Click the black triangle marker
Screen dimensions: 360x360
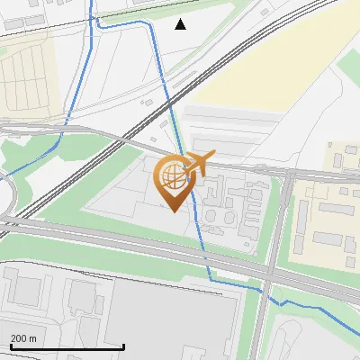(181, 24)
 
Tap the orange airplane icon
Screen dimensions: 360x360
(197, 163)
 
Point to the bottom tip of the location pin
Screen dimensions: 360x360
(172, 210)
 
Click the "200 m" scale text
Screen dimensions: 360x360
(23, 338)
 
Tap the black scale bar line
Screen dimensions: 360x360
(67, 346)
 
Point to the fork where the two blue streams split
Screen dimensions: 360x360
(68, 118)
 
